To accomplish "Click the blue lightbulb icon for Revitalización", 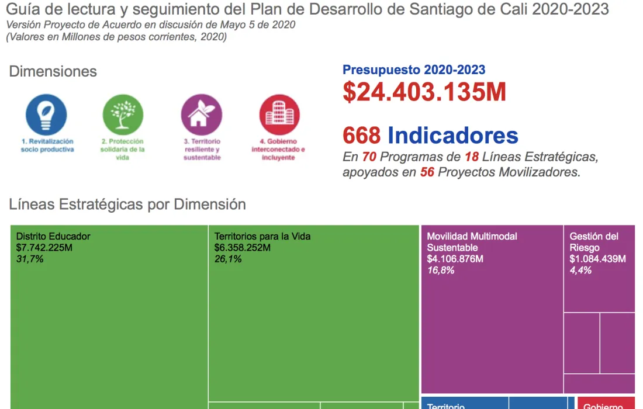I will [46, 115].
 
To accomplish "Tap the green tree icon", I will [123, 115].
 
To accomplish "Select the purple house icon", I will [201, 115].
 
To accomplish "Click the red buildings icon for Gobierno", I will [279, 115].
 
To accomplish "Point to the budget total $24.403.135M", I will [424, 92].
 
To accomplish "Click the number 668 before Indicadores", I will [362, 136].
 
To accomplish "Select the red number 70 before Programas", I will [369, 157].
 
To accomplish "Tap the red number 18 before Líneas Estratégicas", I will [472, 157].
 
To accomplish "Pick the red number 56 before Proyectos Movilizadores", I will [427, 173].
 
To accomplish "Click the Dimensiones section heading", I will [53, 72].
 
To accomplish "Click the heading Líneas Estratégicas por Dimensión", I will [127, 204].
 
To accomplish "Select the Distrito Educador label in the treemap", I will [53, 237].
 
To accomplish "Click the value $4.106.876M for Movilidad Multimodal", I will [455, 259].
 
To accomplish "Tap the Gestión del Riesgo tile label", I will [594, 242].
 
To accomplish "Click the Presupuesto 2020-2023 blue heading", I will [414, 70].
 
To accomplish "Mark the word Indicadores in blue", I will [453, 136].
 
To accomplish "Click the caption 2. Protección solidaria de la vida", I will [122, 150].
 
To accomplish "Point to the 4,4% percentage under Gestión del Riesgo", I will [580, 270].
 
